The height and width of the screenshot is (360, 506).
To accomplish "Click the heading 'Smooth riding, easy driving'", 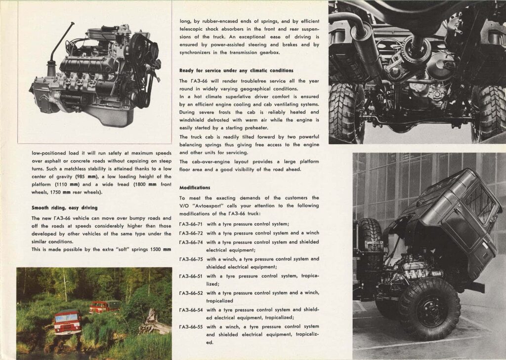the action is (x=65, y=208).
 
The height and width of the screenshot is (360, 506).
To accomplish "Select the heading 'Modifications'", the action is (x=195, y=188).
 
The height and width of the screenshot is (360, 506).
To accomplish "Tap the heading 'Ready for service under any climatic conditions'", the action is (x=237, y=71).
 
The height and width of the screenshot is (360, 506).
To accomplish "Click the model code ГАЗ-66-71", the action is (x=191, y=224).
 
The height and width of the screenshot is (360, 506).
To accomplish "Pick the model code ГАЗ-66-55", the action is (x=191, y=326).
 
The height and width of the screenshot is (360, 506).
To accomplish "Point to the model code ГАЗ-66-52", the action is (x=191, y=293).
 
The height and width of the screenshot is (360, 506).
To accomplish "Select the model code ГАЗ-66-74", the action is (x=191, y=242).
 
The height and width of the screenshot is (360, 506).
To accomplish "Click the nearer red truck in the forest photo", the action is (x=67, y=322).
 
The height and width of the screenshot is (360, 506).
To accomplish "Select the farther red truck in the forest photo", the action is (x=104, y=307).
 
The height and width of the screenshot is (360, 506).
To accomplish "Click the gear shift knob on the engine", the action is (x=73, y=23).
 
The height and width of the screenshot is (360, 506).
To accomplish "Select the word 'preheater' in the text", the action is (x=256, y=128).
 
